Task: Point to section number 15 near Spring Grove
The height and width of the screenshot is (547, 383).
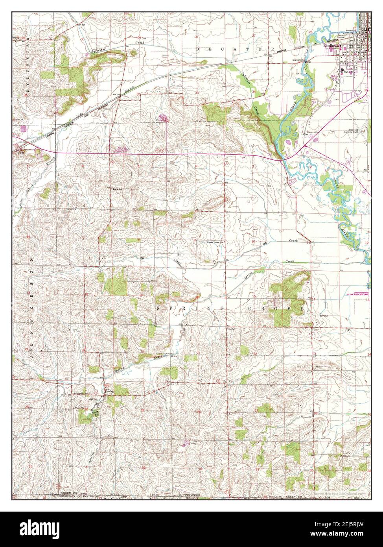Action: pos(254,296)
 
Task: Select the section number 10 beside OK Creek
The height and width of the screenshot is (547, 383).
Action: pos(254,241)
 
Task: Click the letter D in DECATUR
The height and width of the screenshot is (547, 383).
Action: pos(198,49)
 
